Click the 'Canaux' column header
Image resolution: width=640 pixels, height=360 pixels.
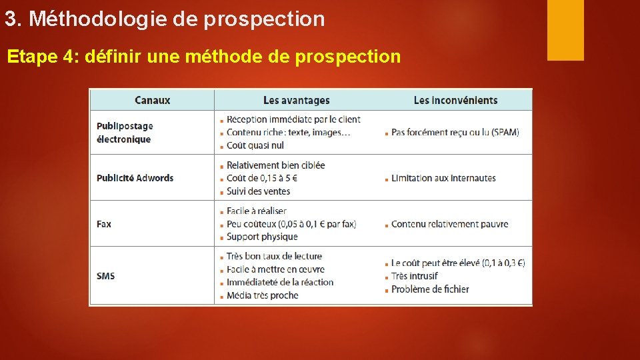pos(152,101)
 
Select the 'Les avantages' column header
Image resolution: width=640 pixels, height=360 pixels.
pos(296,101)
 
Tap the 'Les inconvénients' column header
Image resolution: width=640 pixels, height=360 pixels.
pos(455,101)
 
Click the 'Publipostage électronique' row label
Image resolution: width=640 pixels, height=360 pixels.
pos(124,133)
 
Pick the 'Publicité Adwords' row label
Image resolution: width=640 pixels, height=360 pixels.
pos(135,178)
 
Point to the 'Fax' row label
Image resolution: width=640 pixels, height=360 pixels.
pos(104,224)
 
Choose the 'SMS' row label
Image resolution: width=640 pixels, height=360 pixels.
pos(105,276)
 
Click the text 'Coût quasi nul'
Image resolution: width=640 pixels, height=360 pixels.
pos(255,145)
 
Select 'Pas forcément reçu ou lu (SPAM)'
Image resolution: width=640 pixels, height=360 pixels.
pos(455,133)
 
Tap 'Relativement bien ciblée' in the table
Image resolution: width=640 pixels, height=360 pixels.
pos(275,165)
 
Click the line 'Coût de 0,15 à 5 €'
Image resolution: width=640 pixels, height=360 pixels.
pos(262,178)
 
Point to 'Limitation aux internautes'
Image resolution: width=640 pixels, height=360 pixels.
pos(443,178)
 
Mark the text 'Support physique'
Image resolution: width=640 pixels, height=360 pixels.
pos(262,237)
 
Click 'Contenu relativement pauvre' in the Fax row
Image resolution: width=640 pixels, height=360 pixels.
pos(449,224)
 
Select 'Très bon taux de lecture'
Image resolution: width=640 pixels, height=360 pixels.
pos(274,256)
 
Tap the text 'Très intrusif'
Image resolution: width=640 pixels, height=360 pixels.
pos(415,276)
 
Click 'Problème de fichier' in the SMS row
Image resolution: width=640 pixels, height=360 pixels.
pos(430,289)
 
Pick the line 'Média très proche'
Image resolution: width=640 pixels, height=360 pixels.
pos(263,295)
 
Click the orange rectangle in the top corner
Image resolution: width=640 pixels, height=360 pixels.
pos(565,30)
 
